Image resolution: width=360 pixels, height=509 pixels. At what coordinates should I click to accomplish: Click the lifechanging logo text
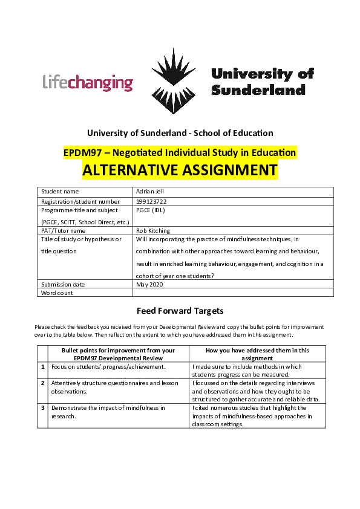[88, 82]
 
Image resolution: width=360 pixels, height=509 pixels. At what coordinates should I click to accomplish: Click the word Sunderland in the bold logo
[258, 90]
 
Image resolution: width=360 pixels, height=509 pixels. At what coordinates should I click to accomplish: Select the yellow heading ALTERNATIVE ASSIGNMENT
[180, 170]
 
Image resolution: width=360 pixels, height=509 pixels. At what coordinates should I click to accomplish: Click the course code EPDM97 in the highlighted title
[83, 152]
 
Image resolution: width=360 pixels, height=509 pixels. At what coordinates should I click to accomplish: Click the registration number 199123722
[152, 201]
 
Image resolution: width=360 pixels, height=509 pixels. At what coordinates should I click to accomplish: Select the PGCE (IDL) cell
[151, 210]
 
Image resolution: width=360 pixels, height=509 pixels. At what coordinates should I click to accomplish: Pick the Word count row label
[57, 293]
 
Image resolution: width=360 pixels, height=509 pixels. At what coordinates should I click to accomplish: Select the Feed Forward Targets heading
[180, 311]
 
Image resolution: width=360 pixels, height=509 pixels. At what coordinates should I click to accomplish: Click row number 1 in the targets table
[42, 366]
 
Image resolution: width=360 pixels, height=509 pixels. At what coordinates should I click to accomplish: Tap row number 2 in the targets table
[42, 383]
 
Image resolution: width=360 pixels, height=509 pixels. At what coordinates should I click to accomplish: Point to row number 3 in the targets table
[42, 408]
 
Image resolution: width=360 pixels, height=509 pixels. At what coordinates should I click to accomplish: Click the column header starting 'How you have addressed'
[257, 354]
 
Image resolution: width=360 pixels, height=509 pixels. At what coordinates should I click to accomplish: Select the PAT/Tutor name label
[63, 230]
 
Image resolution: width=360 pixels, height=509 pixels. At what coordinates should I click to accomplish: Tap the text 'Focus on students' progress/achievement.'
[108, 366]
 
